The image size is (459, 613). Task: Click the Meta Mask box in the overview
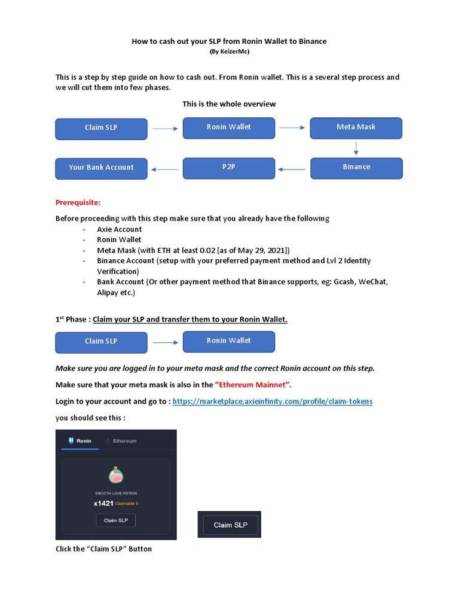tap(356, 128)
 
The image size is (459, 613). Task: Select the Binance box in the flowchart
tap(356, 168)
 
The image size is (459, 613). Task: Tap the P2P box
tap(228, 168)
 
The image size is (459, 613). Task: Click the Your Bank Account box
tap(101, 168)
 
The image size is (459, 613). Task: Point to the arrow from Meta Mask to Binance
tap(356, 148)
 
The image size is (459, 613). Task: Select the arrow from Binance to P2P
tap(292, 169)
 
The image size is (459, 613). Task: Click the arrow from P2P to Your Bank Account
tap(165, 169)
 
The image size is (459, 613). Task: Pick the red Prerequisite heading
tap(82, 202)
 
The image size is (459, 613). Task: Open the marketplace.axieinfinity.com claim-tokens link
tap(272, 401)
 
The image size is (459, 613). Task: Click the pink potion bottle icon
tap(116, 475)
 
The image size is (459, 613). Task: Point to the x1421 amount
tap(103, 503)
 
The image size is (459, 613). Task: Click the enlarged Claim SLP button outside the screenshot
tap(229, 525)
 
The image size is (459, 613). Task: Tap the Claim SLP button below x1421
tap(116, 520)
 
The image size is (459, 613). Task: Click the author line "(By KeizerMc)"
tap(229, 51)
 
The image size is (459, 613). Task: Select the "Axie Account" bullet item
tap(120, 229)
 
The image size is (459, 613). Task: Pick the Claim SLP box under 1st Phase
tap(101, 341)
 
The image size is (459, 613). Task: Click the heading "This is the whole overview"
tap(229, 104)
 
